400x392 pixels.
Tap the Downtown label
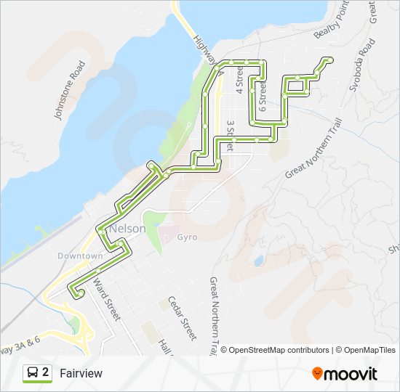pos(80,256)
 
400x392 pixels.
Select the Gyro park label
pos(187,237)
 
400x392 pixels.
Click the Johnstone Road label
pos(70,90)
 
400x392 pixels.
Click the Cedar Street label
pos(182,318)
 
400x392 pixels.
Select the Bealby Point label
pos(332,23)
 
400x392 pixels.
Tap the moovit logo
pos(345,374)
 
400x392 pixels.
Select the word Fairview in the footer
pos(81,373)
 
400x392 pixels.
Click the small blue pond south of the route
pos(258,260)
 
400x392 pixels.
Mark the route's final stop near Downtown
pos(80,293)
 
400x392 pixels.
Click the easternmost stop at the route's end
pos(332,60)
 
